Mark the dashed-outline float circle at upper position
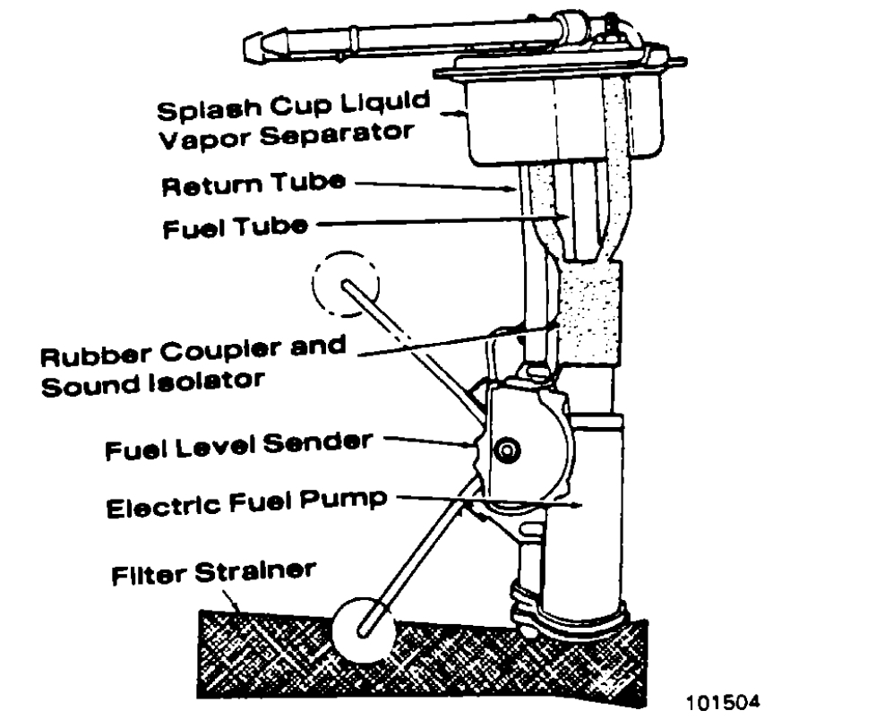click(x=346, y=284)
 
